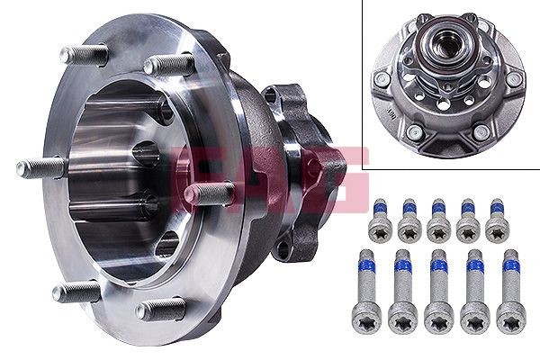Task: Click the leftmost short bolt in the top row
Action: tap(379, 220)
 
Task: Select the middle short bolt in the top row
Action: tap(438, 220)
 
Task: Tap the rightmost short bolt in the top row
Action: tap(496, 220)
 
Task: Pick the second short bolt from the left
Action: tap(409, 220)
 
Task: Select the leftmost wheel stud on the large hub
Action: tap(40, 167)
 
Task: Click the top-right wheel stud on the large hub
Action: tap(169, 65)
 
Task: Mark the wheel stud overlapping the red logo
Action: tap(209, 193)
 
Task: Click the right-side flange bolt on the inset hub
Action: tap(514, 78)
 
